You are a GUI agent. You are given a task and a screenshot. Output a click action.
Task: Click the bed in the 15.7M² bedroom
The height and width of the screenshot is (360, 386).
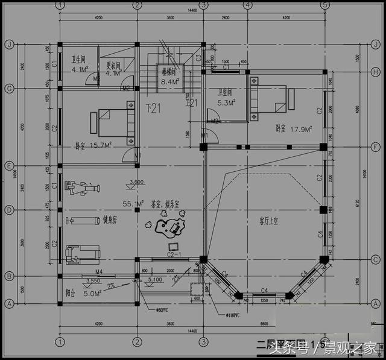pos(113,122)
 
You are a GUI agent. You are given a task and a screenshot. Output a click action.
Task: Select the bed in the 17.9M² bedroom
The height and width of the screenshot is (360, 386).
pos(270,99)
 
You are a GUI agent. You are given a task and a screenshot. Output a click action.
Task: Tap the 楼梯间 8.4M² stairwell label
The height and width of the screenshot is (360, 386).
pos(169,76)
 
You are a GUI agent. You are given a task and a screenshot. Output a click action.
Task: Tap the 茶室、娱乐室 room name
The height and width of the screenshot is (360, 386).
pos(169,205)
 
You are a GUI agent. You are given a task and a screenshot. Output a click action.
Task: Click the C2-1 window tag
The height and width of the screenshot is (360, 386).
pos(173,256)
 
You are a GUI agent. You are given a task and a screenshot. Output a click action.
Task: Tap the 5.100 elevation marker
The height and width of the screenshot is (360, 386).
pos(154,280)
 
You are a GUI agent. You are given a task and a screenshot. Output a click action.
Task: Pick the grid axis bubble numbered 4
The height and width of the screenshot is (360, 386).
pos(247,5)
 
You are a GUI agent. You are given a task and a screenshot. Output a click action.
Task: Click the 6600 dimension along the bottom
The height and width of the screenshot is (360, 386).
pos(265,324)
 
